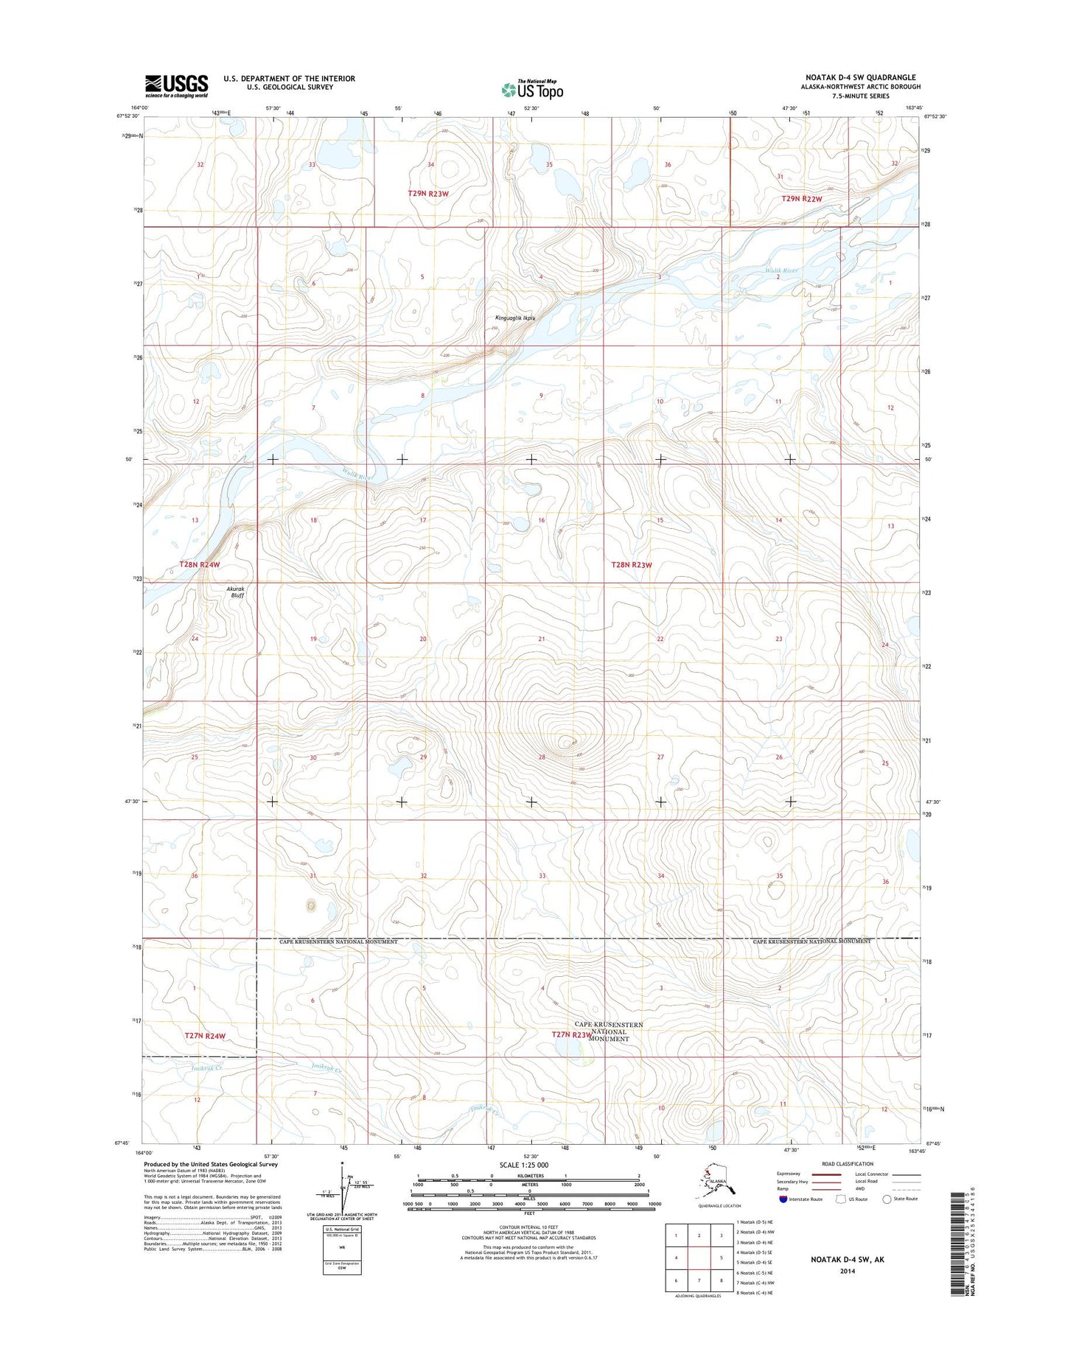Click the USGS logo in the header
[176, 85]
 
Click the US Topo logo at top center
[532, 90]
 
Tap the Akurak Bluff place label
[235, 592]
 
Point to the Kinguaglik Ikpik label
[514, 318]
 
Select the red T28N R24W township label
[200, 564]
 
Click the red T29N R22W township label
[801, 199]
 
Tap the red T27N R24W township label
[204, 1035]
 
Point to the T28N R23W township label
[632, 565]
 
